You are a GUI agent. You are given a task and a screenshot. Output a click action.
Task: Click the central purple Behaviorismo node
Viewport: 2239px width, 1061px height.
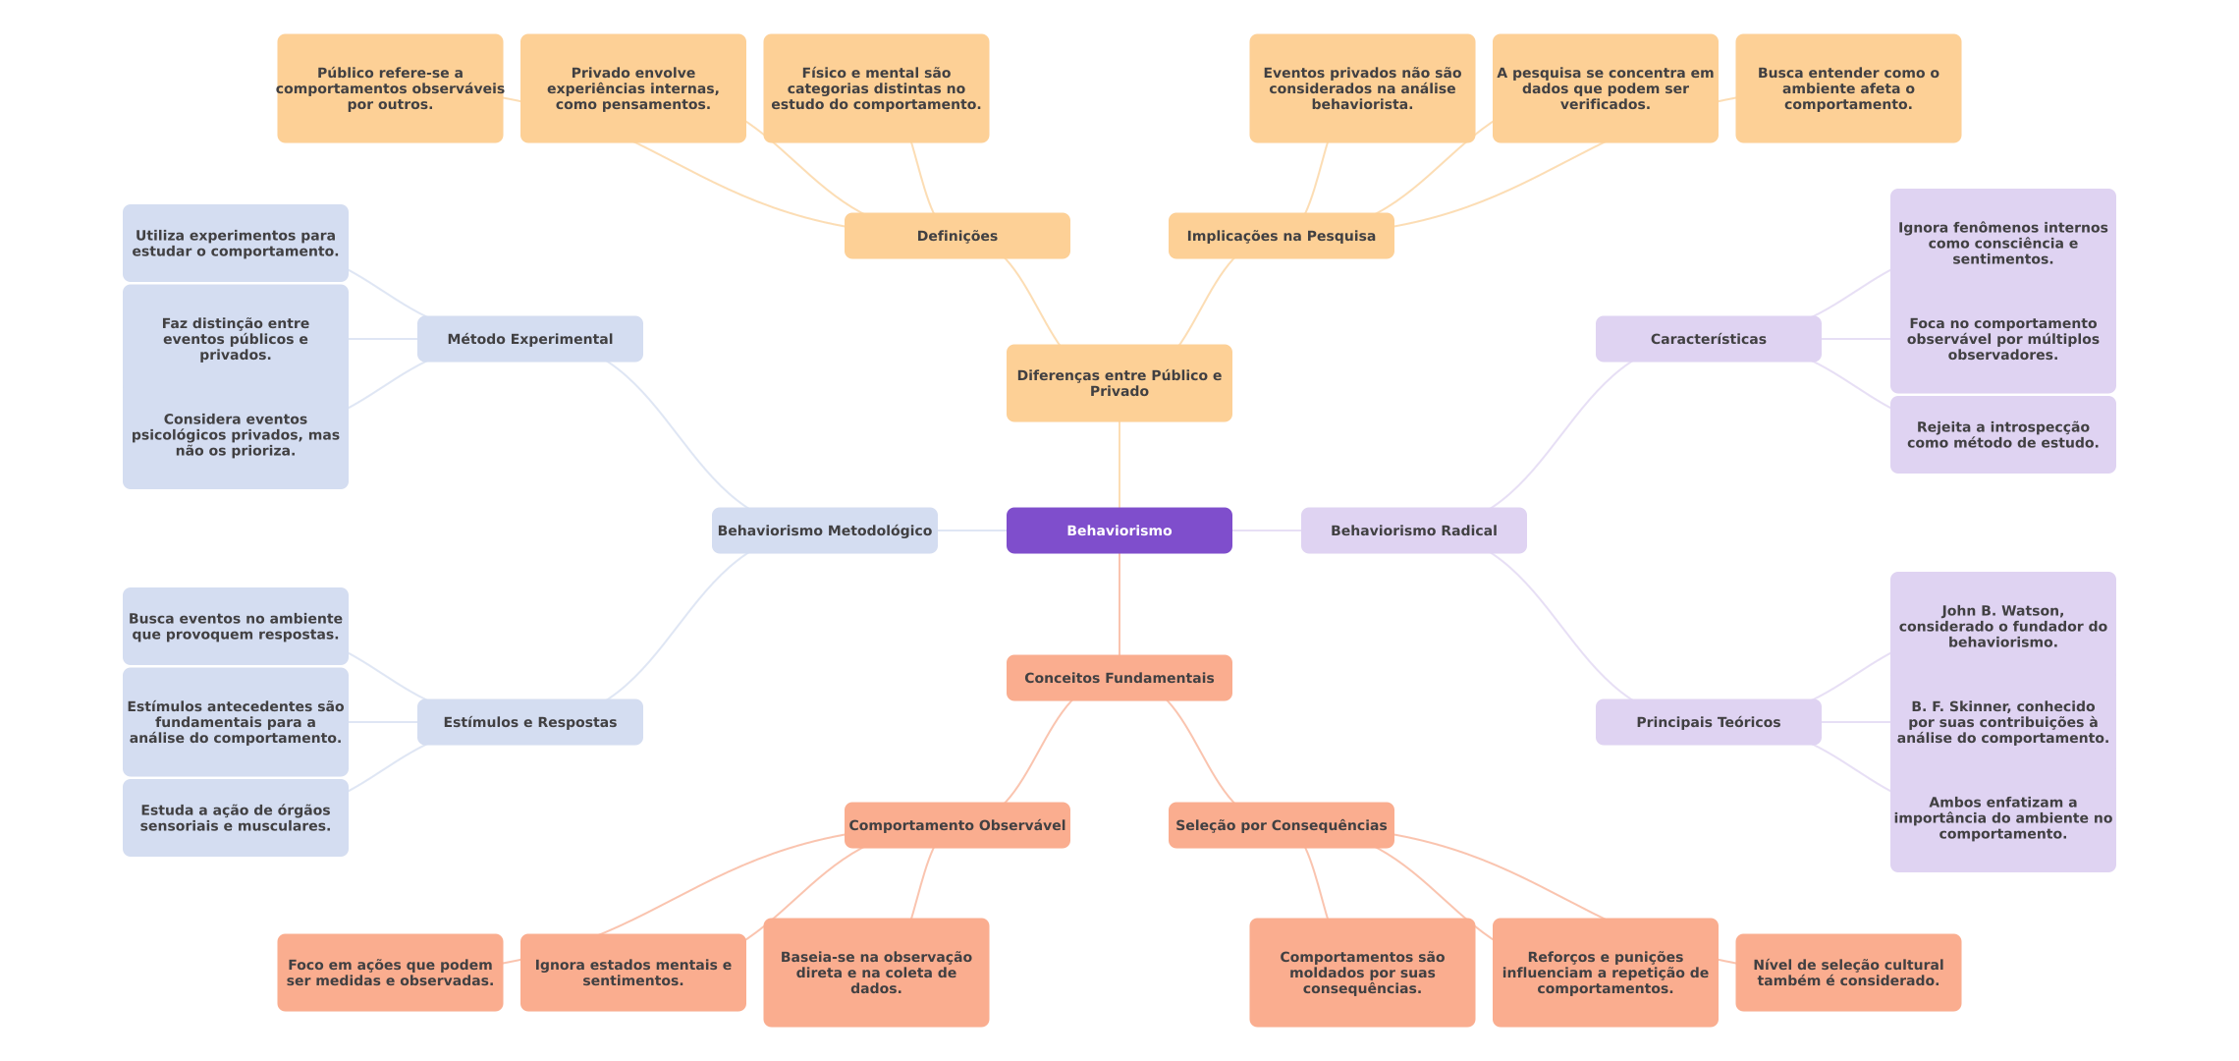click(x=1119, y=530)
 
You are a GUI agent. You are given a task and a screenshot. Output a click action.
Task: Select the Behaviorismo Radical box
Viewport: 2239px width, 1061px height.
click(x=1413, y=530)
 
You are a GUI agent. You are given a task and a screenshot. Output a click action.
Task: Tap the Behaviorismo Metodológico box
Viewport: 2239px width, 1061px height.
click(x=824, y=530)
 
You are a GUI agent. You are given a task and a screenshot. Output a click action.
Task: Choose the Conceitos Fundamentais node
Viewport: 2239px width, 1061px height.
click(x=1119, y=678)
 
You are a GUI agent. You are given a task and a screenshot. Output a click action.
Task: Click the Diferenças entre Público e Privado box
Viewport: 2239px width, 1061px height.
click(x=1119, y=383)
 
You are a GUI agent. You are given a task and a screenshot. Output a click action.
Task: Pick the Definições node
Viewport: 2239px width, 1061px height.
click(x=956, y=236)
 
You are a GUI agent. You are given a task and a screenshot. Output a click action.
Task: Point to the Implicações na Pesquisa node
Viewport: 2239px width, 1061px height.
click(x=1281, y=236)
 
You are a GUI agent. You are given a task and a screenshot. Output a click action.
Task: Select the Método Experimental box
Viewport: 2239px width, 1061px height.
click(x=529, y=339)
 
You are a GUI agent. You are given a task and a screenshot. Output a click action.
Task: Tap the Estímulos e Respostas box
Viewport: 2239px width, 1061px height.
click(x=529, y=722)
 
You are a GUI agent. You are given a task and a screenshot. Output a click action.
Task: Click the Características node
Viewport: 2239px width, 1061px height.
click(x=1708, y=339)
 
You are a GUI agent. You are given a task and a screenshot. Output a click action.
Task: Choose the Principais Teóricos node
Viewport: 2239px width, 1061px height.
click(x=1708, y=722)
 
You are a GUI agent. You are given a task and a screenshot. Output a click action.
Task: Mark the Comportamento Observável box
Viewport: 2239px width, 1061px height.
click(x=956, y=825)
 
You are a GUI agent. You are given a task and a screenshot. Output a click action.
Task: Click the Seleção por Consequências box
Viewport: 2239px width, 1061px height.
click(x=1281, y=825)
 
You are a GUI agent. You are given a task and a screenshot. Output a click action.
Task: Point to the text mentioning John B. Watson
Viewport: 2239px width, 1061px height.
click(x=2002, y=626)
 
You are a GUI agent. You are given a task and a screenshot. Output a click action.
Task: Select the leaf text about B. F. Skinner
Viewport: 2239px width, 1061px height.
click(x=2002, y=722)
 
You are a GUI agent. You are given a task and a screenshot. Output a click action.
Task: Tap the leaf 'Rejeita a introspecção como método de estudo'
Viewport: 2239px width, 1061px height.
click(x=2002, y=434)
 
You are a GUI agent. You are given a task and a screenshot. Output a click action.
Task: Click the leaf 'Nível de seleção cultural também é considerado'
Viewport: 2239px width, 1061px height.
click(x=1847, y=973)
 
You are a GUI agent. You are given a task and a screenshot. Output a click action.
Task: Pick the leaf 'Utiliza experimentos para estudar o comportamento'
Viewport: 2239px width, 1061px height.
click(x=235, y=243)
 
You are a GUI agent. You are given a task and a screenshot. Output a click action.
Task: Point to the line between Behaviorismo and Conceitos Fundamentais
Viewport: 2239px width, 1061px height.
click(x=1119, y=604)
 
